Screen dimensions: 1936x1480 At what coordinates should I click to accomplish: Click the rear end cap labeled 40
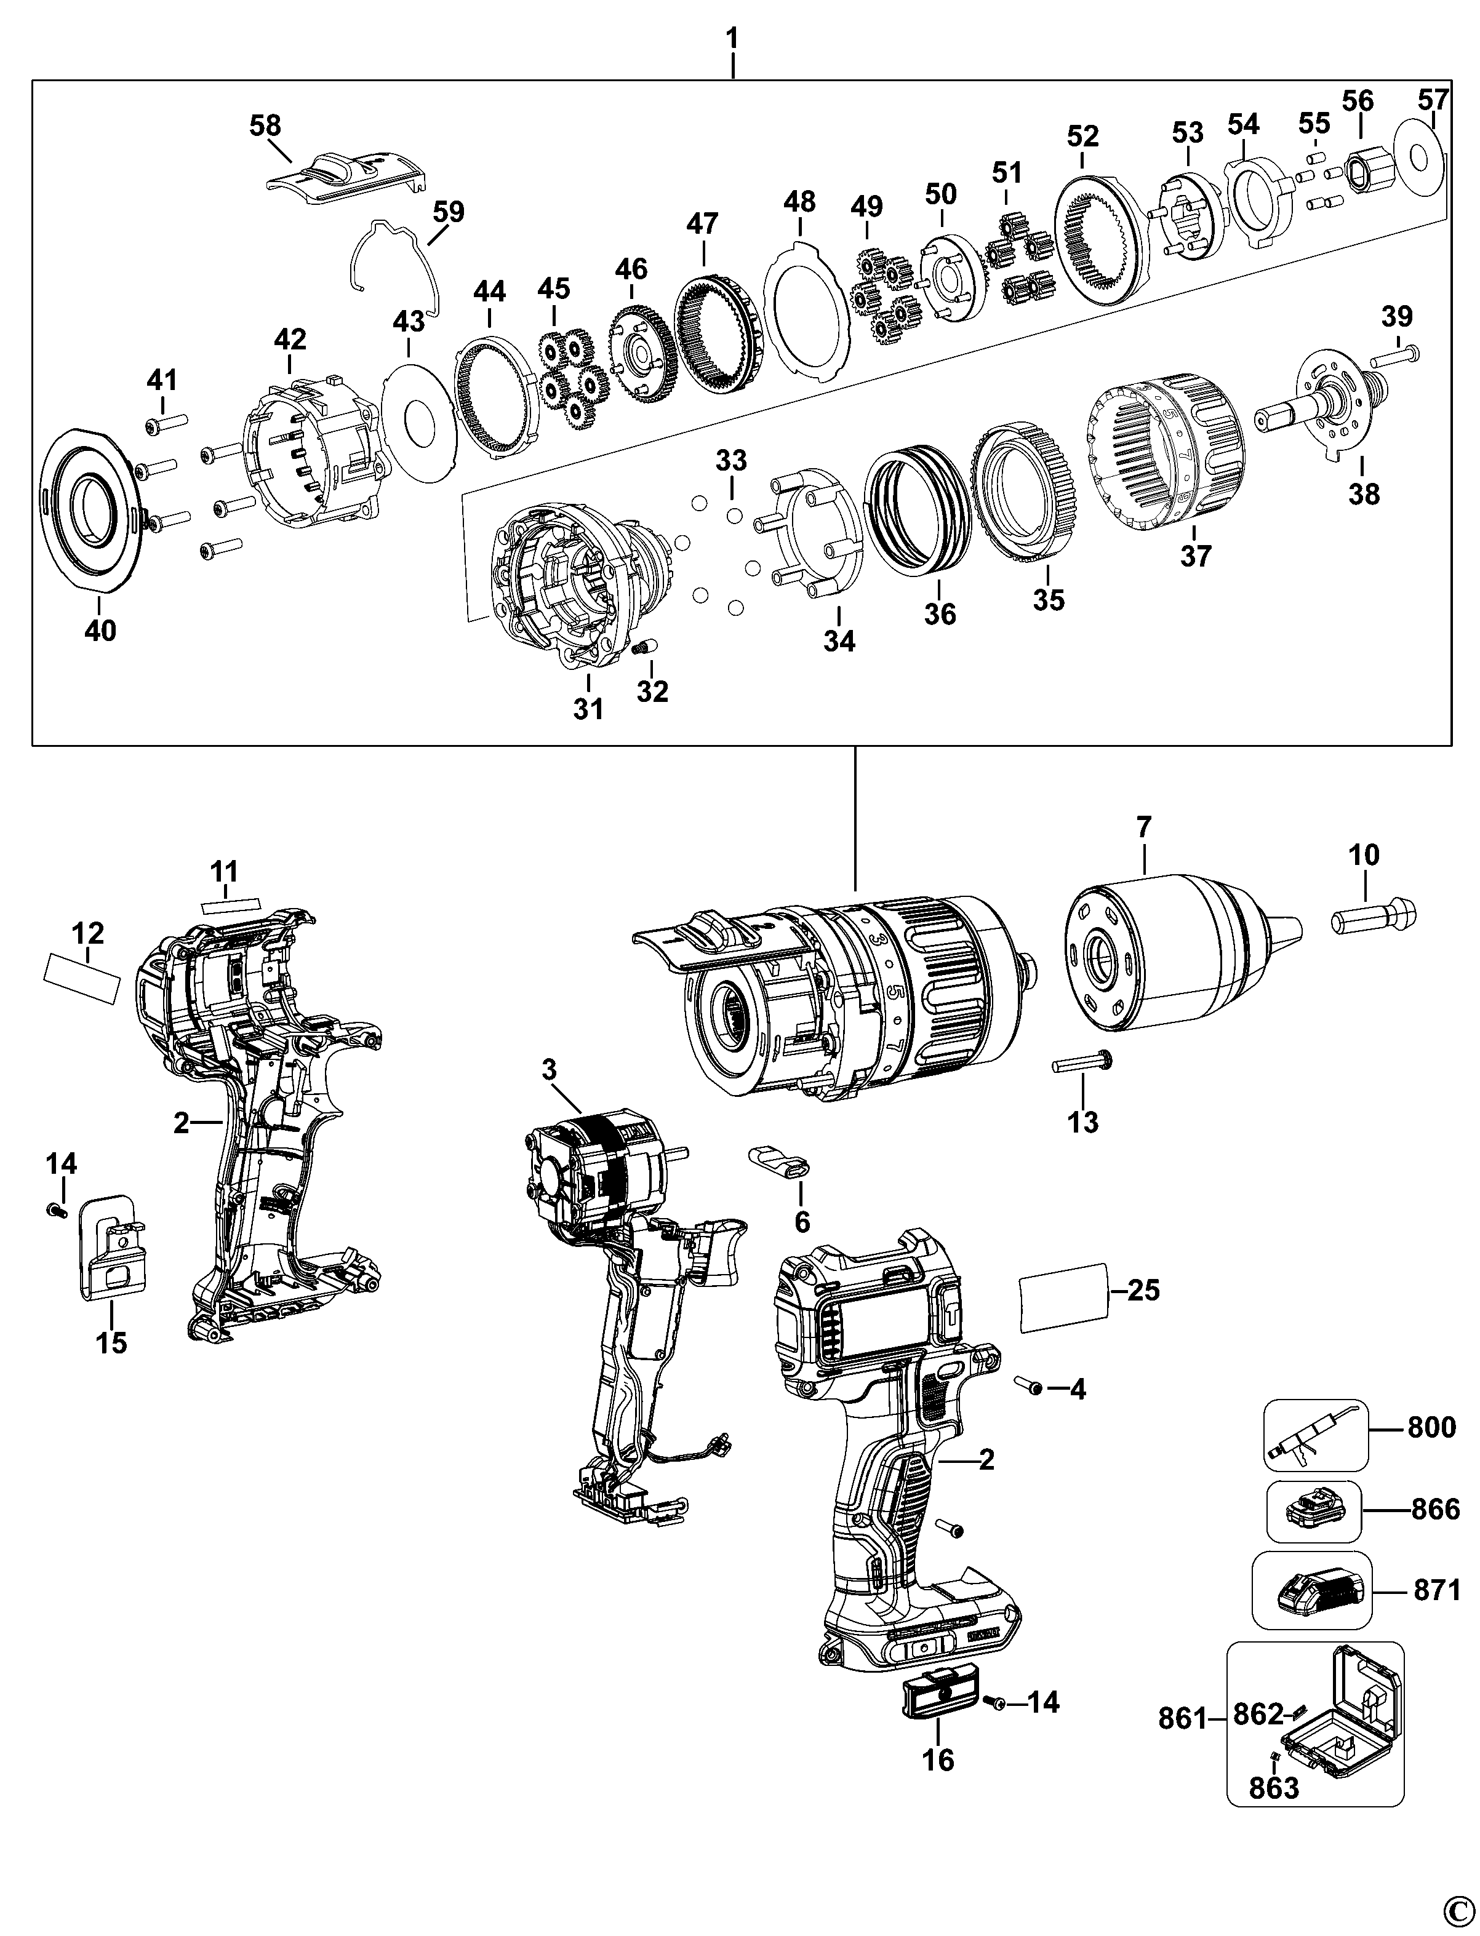90,509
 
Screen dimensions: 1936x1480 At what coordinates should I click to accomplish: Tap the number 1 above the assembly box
732,39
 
